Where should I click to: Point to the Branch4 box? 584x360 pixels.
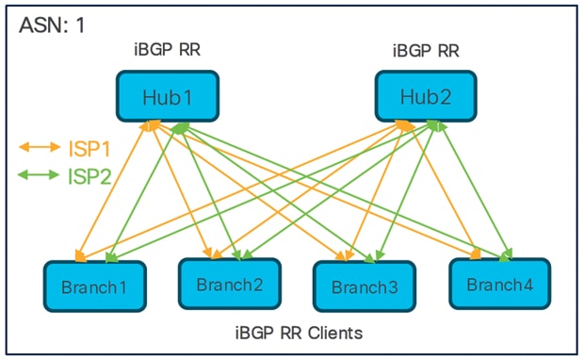click(x=499, y=282)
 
